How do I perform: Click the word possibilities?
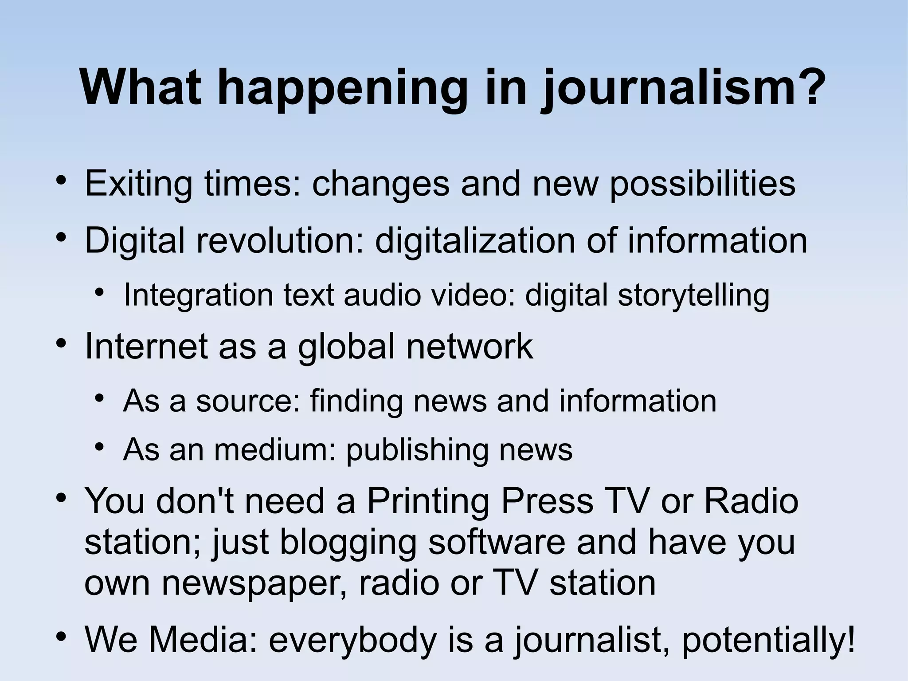click(702, 183)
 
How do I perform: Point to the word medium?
click(275, 449)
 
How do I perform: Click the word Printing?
click(427, 500)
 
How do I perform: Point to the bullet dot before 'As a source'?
click(100, 398)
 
